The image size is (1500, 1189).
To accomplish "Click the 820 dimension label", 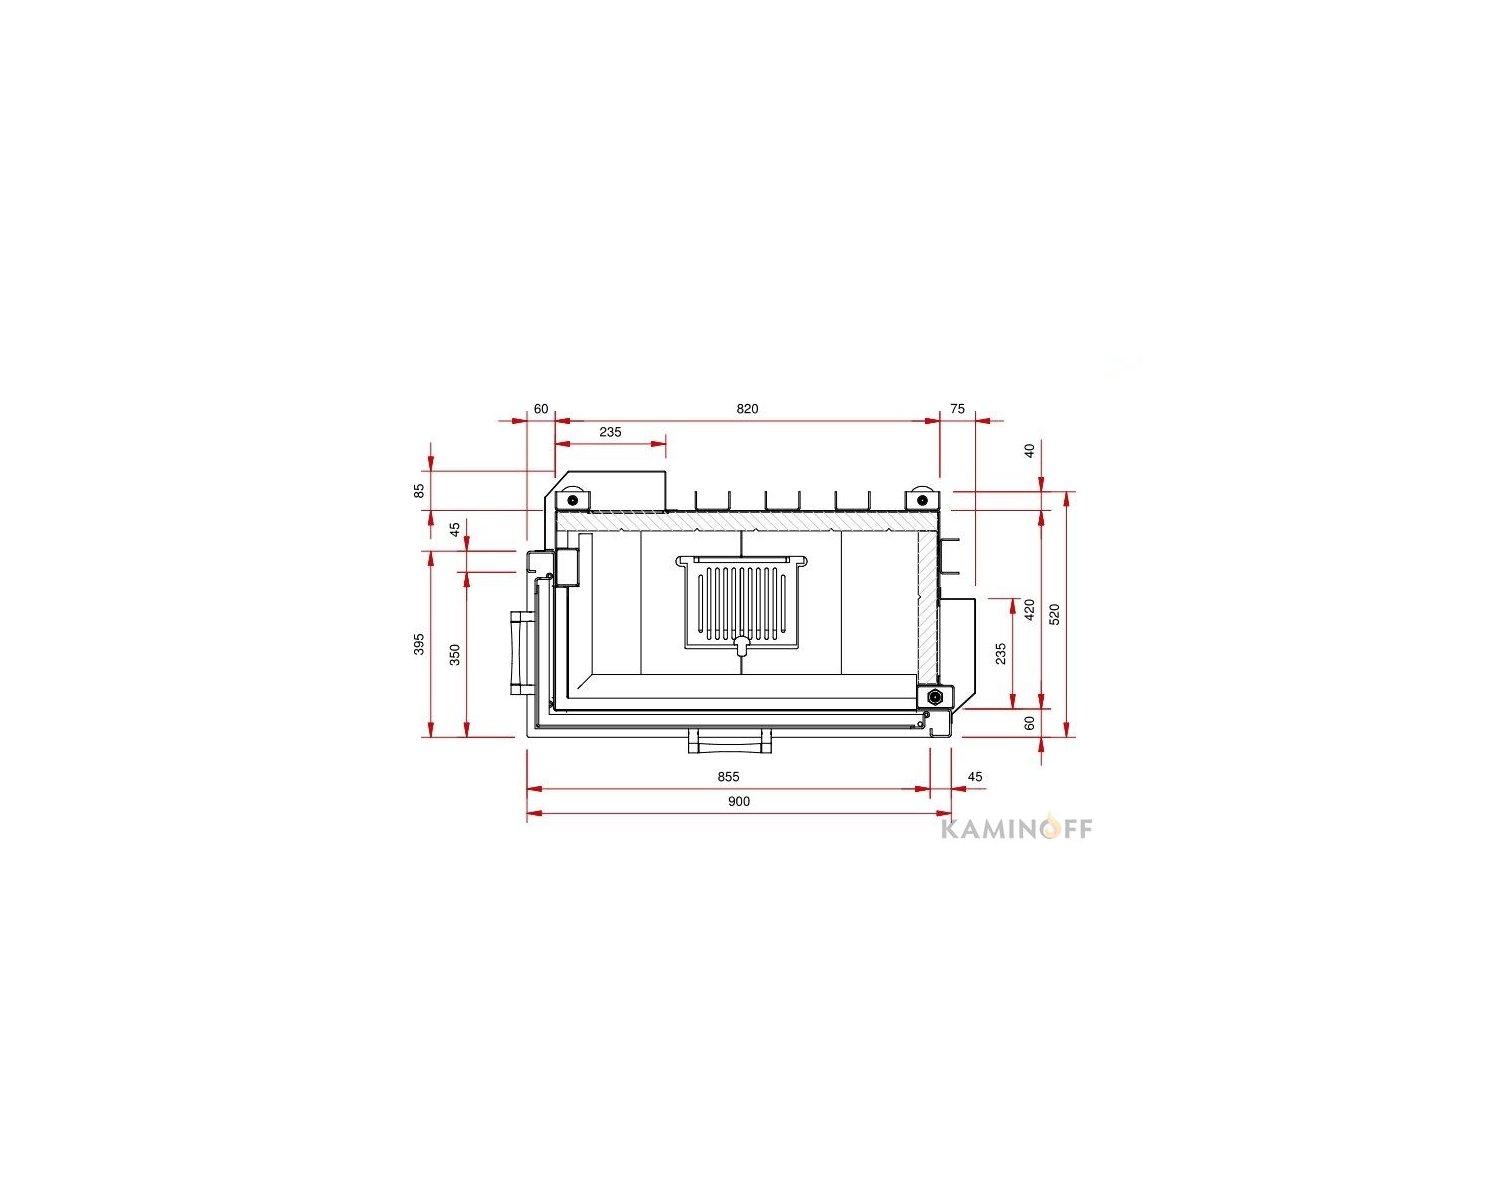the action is [x=747, y=409].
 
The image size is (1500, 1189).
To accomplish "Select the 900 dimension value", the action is [x=739, y=801].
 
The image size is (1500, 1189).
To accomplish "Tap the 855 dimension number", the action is [x=728, y=776].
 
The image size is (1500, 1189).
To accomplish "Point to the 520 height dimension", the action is [x=1055, y=614].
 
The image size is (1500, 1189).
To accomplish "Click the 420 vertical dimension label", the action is [x=1030, y=610].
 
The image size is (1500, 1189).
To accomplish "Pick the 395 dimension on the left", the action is [x=419, y=643].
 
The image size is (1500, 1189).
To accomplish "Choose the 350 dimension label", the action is [x=454, y=654].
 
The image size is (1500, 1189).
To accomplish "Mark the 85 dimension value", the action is [x=419, y=491].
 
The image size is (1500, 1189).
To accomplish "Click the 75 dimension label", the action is [x=958, y=409].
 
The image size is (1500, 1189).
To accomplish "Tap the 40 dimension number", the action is [x=1030, y=451].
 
